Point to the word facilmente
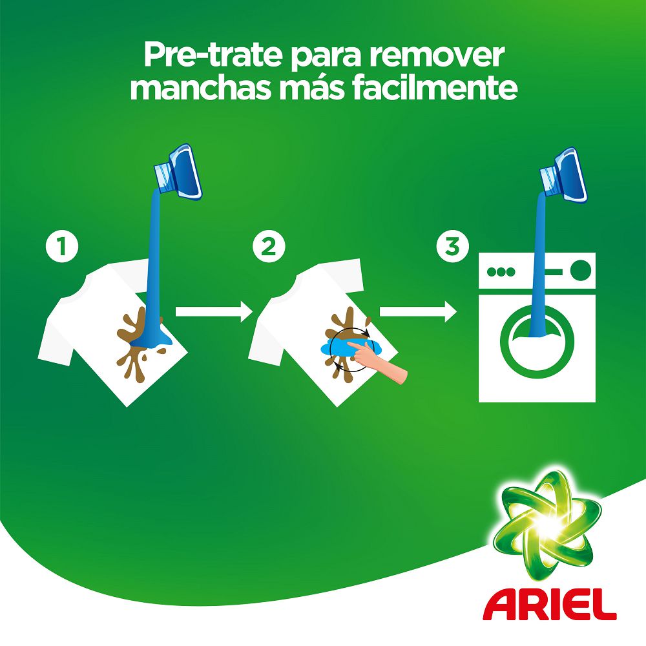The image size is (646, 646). (x=435, y=89)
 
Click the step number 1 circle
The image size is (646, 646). (x=62, y=247)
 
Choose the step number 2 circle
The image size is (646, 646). (x=268, y=247)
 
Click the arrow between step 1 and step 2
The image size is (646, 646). (x=213, y=312)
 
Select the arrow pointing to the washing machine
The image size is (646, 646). (x=417, y=312)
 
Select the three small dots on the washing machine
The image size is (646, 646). (x=501, y=271)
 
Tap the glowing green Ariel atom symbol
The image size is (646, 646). (x=541, y=523)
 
